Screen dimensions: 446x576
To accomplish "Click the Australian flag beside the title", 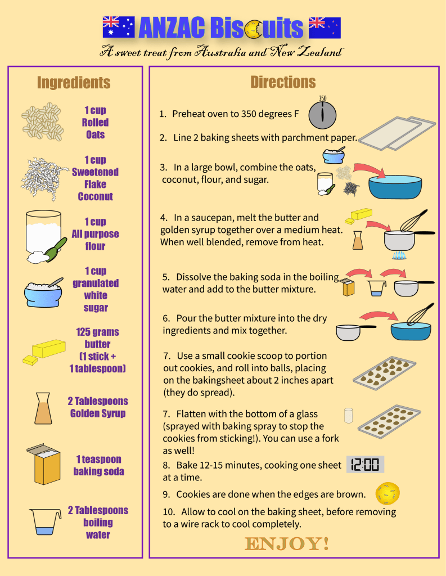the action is click(118, 27).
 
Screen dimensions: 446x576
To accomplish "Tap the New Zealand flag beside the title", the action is click(325, 28).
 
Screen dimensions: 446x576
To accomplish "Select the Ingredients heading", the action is click(74, 83).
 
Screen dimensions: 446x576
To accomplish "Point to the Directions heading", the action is click(283, 82).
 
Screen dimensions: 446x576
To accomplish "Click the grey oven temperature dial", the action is click(322, 115).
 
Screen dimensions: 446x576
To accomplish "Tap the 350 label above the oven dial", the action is click(323, 98).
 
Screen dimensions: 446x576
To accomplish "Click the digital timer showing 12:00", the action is click(365, 464).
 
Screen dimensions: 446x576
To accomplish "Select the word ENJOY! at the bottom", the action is click(287, 544).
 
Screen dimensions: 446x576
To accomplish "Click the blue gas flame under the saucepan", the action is click(399, 255).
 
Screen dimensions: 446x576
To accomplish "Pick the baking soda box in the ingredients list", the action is click(43, 464).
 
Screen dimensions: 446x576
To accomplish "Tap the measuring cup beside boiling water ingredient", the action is click(45, 521).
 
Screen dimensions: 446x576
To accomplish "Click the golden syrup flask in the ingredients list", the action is click(43, 408).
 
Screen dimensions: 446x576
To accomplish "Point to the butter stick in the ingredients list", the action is click(44, 352).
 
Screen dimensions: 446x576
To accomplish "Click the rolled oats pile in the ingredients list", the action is click(42, 121).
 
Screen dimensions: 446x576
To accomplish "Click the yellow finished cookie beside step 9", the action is click(387, 493).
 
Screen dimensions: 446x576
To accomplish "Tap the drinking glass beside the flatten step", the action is click(348, 415).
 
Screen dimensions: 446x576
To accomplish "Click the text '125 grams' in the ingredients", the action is click(97, 332).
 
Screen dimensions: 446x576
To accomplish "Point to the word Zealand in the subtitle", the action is click(319, 52).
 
